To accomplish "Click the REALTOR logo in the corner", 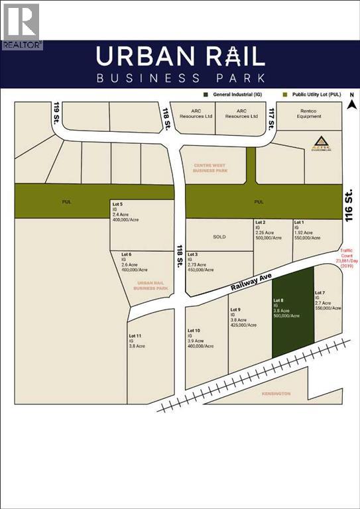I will (22, 26).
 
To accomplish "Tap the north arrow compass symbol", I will (353, 101).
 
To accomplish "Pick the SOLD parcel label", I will (219, 235).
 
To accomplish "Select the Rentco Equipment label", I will (309, 113).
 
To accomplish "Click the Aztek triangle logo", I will (320, 142).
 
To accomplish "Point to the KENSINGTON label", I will (275, 394).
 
